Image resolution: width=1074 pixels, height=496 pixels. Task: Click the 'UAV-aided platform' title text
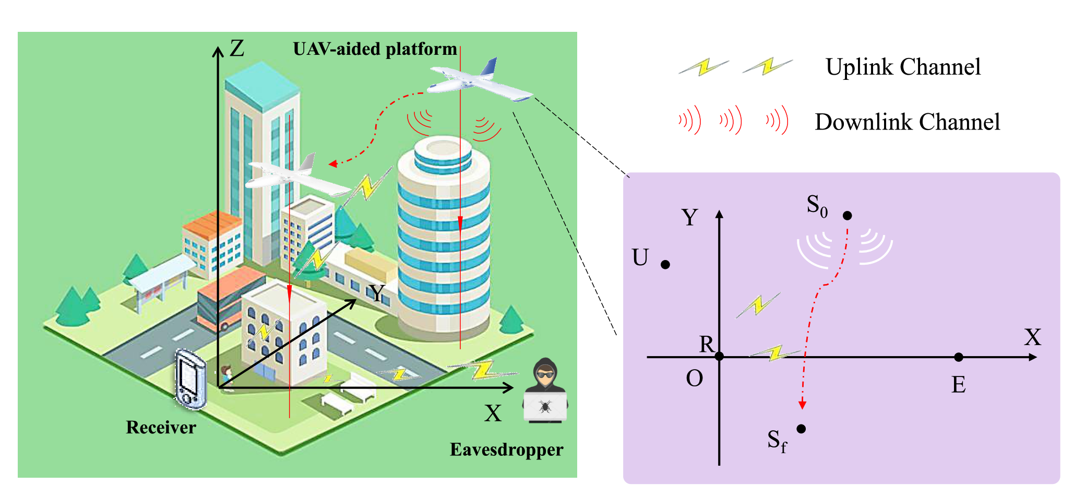[x=375, y=49]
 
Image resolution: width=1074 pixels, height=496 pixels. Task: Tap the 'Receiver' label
[x=161, y=428]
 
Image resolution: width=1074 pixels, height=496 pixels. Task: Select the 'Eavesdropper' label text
[x=506, y=450]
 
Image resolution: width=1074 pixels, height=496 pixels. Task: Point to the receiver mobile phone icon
[x=190, y=379]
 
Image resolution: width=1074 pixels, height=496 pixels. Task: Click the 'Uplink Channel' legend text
[x=903, y=67]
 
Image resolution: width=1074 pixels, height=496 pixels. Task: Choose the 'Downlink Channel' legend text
[x=907, y=122]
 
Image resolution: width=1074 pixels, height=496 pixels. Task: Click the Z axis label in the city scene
[x=237, y=49]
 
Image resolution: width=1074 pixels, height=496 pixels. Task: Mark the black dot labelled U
[x=665, y=265]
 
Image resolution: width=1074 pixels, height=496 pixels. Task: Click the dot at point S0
[x=848, y=216]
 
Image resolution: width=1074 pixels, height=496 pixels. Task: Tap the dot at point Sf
[x=802, y=429]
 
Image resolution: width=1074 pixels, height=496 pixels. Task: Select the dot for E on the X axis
[x=959, y=357]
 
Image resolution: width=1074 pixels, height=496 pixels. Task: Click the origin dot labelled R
[x=719, y=357]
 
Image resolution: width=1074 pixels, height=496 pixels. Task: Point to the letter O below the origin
[x=695, y=379]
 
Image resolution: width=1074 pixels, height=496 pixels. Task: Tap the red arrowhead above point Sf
[x=803, y=405]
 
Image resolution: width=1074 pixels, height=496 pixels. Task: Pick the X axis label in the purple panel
[x=1032, y=337]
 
